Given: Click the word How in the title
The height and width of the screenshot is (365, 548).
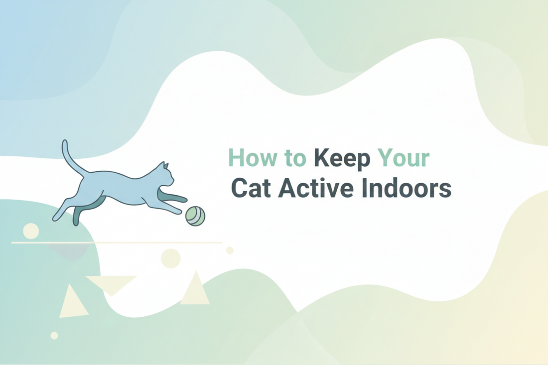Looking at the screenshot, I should (251, 158).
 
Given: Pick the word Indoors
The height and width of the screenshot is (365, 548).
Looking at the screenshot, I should (408, 189).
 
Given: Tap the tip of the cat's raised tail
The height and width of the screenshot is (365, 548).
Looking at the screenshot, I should (65, 142).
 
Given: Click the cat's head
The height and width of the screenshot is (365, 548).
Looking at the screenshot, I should (166, 176).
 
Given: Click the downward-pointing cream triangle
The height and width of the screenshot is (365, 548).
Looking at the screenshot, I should (111, 283).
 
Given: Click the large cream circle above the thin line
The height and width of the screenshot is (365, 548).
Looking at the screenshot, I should (31, 231).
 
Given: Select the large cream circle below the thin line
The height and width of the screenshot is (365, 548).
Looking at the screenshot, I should (170, 258).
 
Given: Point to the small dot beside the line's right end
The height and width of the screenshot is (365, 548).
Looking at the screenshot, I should (230, 250).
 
